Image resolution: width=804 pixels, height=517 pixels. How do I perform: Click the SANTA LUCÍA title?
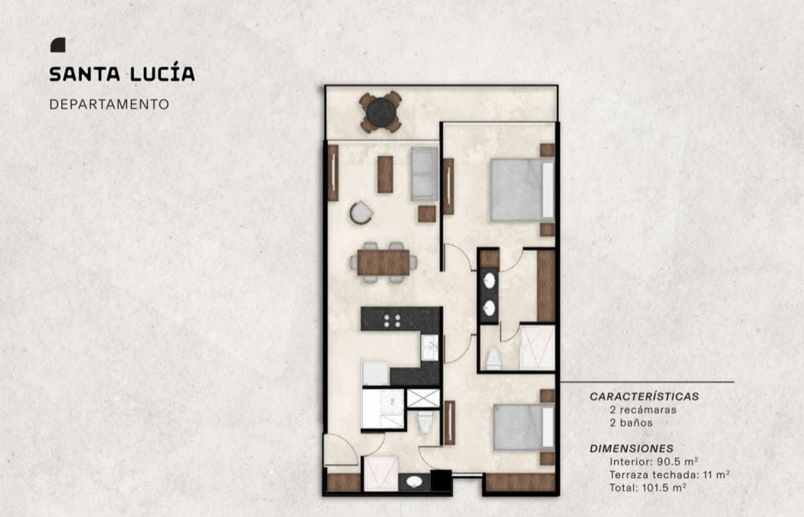pos(122,74)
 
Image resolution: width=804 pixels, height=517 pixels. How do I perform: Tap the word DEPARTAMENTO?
pos(109,104)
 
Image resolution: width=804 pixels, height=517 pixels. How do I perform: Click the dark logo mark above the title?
pos(58,45)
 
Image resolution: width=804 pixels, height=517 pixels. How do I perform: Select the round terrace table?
pos(381,113)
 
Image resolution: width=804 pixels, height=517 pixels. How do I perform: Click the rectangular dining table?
pos(383,263)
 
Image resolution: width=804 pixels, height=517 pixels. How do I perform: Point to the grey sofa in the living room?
pos(424,173)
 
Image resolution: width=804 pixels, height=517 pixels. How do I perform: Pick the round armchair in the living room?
pos(361,213)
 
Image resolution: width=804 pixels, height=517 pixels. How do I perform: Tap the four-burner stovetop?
pos(392,321)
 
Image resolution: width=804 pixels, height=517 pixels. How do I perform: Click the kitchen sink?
pos(429,348)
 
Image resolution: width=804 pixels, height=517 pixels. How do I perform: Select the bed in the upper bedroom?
pos(523,190)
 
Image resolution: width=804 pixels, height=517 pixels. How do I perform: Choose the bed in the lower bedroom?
pos(524,427)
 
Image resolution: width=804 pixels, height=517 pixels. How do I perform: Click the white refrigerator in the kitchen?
pos(375,373)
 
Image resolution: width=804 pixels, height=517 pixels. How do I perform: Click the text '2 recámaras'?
pos(643,410)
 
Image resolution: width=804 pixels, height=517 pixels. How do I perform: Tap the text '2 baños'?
pos(631,423)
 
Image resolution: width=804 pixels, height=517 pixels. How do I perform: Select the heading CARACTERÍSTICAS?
pos(645,396)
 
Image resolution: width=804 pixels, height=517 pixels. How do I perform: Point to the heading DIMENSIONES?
pos(631,449)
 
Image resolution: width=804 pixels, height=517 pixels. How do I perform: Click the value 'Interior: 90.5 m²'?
pos(654,461)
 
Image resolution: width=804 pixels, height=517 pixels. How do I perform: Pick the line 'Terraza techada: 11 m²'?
pos(669,475)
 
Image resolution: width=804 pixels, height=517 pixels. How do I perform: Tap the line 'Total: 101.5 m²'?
pos(648,488)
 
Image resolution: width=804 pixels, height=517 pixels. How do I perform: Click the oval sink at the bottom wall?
pos(414,482)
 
